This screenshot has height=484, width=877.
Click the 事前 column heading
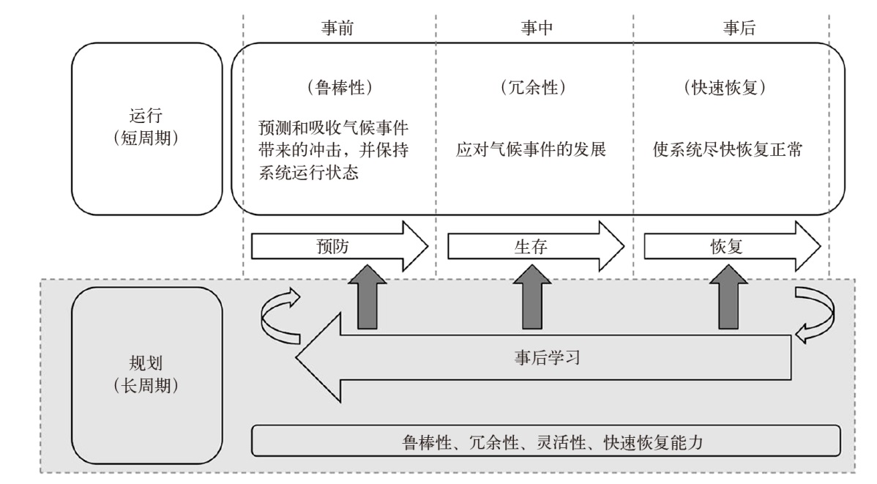tap(340, 28)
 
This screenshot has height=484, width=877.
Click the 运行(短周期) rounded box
tap(146, 128)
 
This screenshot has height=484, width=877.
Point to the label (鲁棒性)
tap(340, 87)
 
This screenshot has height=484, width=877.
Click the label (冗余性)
tap(531, 87)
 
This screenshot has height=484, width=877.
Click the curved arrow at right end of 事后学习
tap(813, 313)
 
